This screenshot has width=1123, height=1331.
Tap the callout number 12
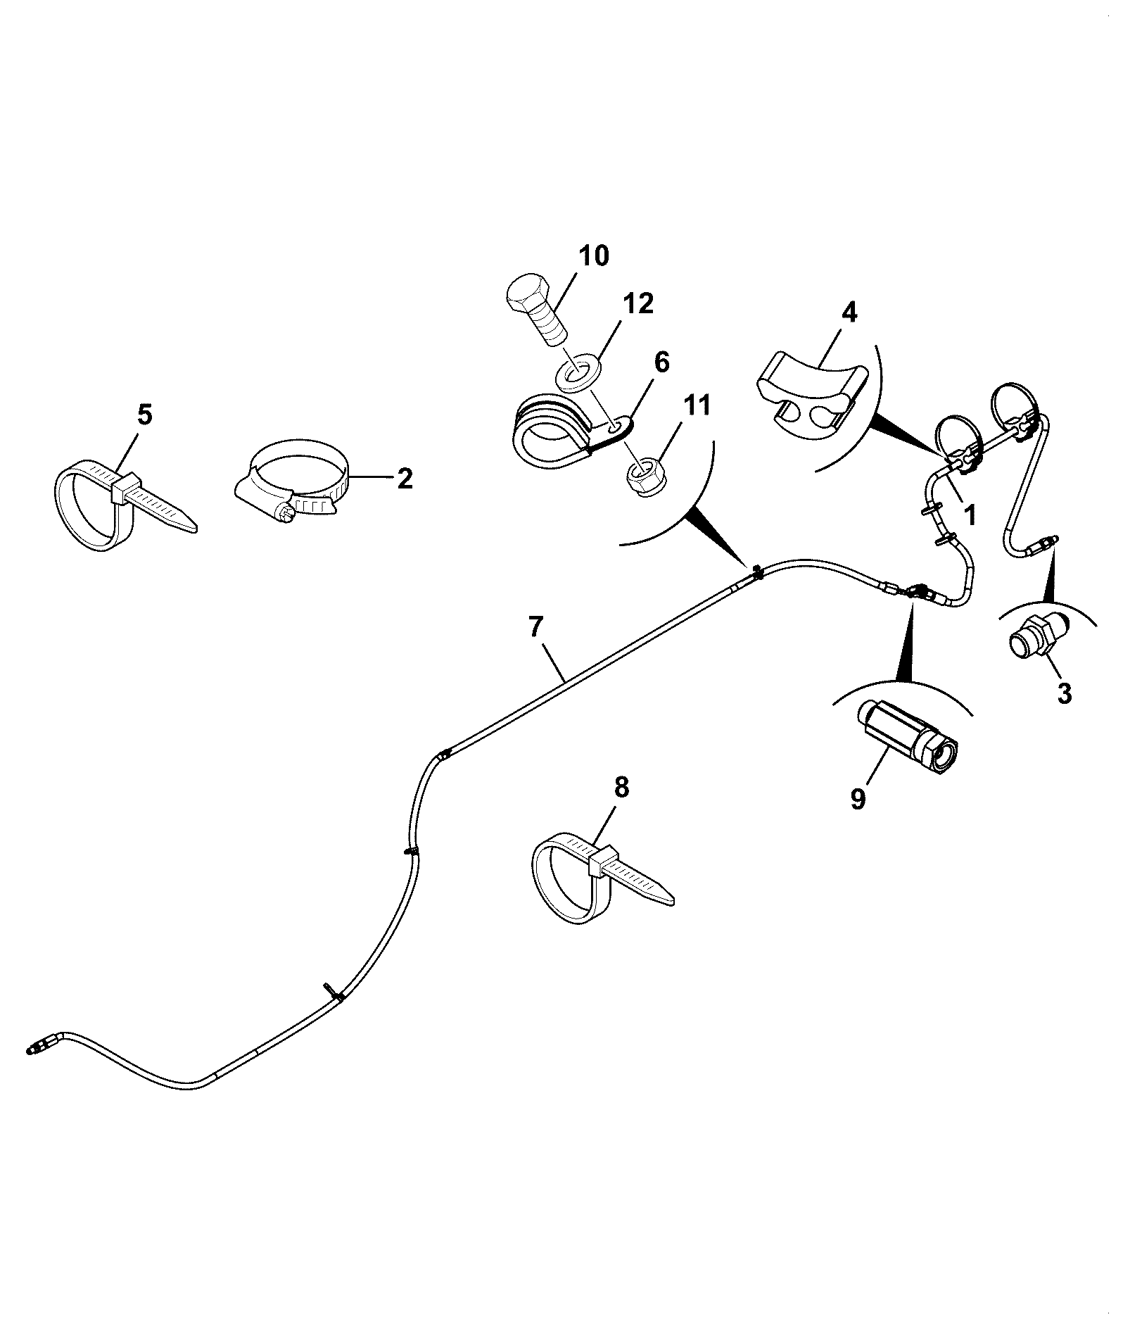click(637, 304)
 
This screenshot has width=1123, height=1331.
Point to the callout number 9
click(858, 799)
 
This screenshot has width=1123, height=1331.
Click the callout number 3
click(1064, 693)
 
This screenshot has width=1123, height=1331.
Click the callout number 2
click(405, 479)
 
